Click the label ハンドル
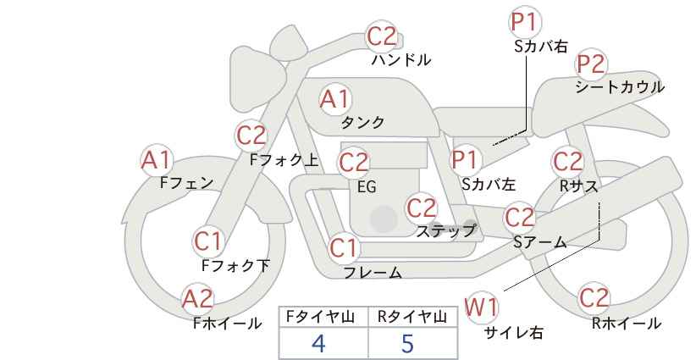[400, 59]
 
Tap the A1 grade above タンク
[335, 99]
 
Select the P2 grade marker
[590, 64]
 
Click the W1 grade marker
[481, 307]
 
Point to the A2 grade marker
[198, 299]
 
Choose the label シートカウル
[620, 87]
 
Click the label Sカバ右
[541, 47]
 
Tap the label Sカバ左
[489, 184]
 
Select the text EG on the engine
[367, 187]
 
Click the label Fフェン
[186, 183]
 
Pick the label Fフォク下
[235, 265]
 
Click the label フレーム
[373, 273]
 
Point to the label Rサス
[579, 186]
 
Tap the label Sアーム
[540, 242]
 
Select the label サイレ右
[514, 333]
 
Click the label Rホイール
[627, 324]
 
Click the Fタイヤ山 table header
[320, 317]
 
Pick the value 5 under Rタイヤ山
[407, 343]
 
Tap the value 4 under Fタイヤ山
[318, 343]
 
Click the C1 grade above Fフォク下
[207, 242]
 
